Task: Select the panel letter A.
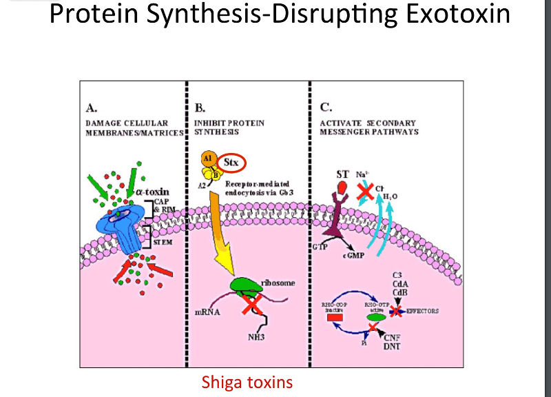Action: (x=91, y=108)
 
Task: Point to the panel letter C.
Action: (x=326, y=108)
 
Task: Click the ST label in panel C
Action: (x=342, y=174)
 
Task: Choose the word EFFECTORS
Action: (x=424, y=311)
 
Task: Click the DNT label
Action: (x=393, y=347)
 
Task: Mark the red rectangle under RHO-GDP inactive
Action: (x=335, y=318)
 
